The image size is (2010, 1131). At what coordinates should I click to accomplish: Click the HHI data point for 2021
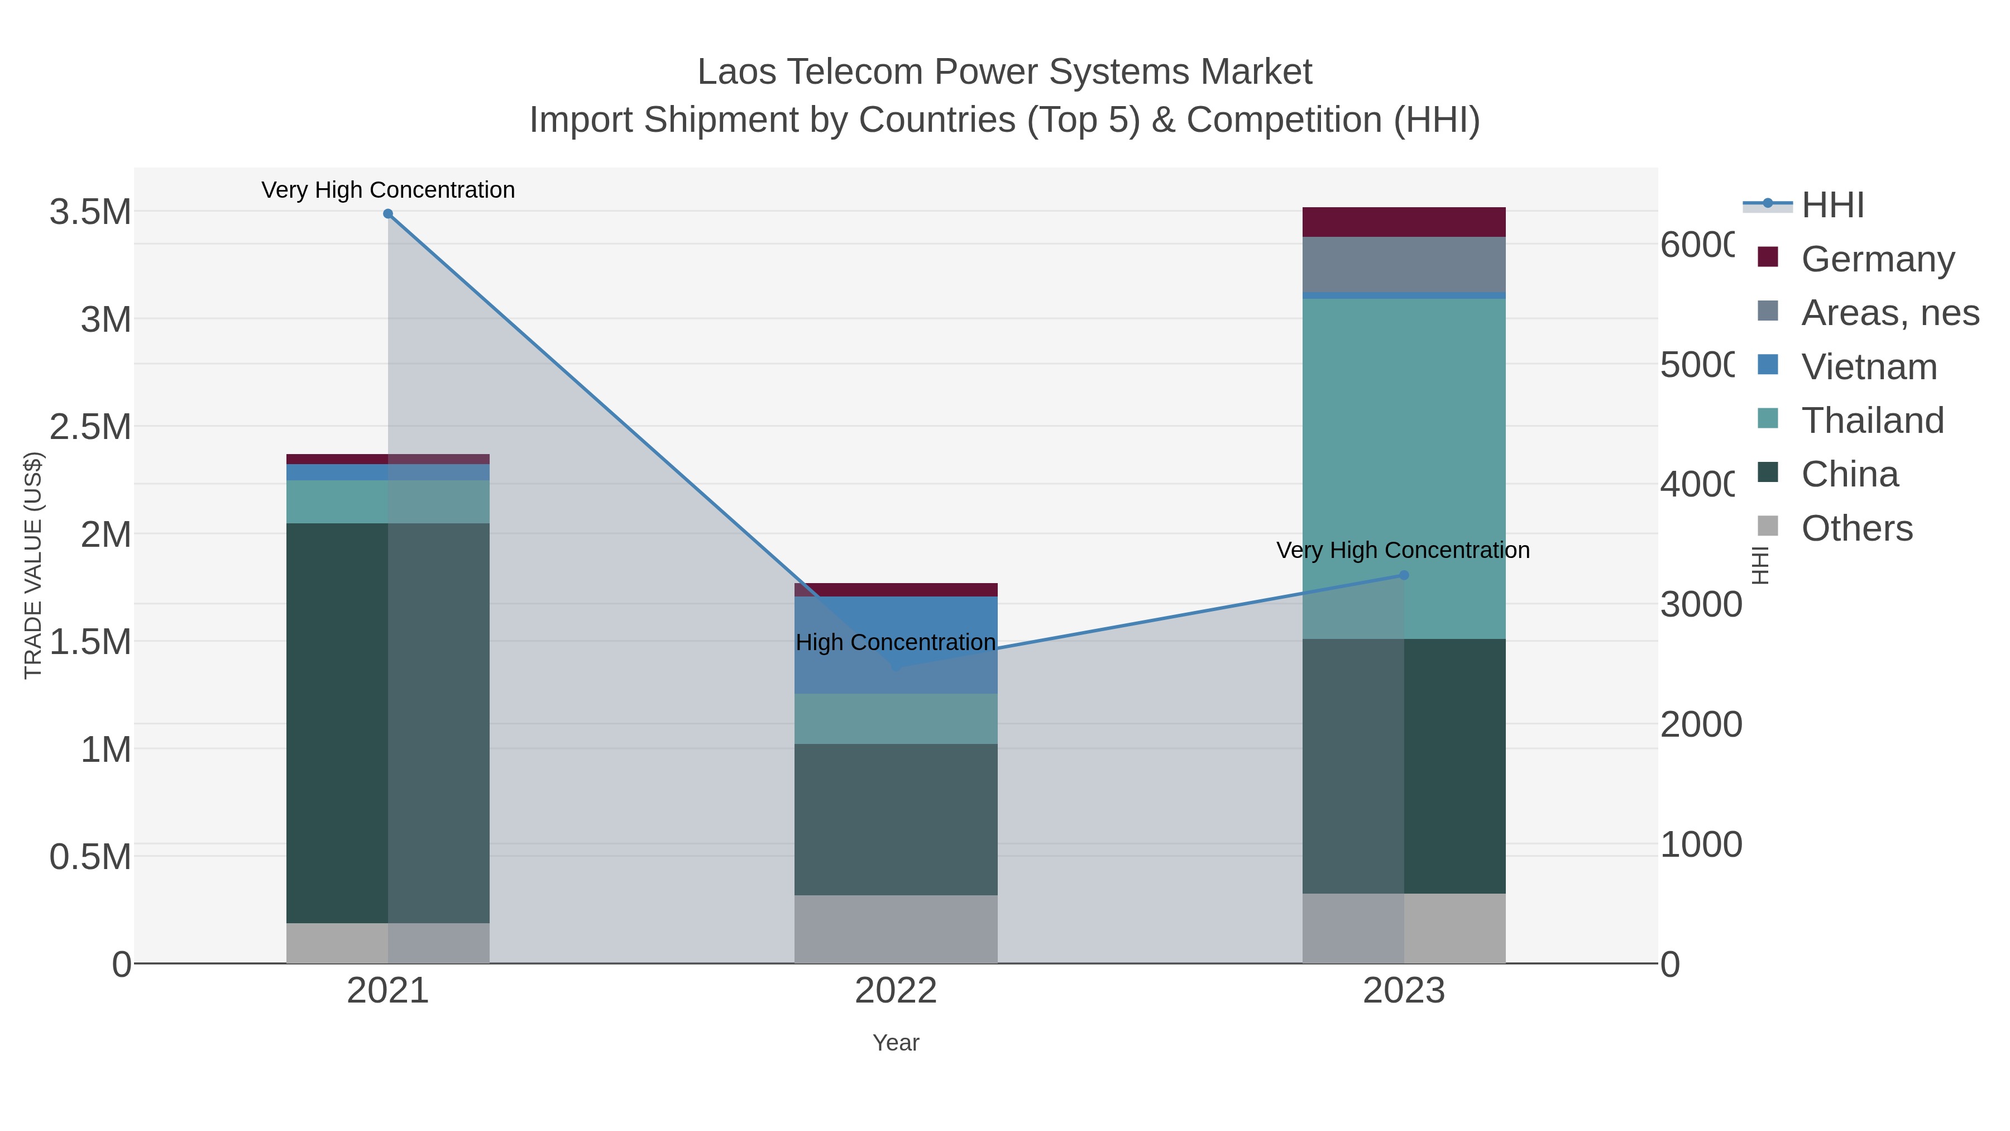click(x=388, y=214)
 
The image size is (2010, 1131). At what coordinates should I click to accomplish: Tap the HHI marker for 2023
click(x=1404, y=575)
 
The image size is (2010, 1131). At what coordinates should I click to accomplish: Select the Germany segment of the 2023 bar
click(x=1404, y=222)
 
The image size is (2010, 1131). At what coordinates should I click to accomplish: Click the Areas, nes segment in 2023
click(x=1404, y=265)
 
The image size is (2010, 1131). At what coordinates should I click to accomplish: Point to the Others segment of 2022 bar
click(x=896, y=929)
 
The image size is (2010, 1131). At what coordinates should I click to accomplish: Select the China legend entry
click(x=1849, y=475)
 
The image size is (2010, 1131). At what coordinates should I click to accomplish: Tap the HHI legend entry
click(x=1832, y=206)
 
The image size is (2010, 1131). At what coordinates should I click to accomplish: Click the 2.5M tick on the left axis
click(x=90, y=427)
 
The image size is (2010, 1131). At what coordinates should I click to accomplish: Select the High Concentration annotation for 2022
click(x=896, y=642)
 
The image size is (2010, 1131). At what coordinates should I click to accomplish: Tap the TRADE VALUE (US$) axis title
click(x=33, y=565)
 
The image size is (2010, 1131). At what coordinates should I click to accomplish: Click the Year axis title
click(x=896, y=1043)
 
